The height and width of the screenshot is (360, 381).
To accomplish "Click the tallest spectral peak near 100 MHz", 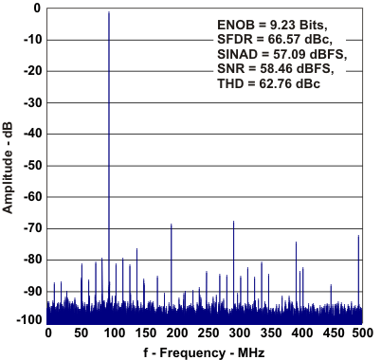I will coord(109,13).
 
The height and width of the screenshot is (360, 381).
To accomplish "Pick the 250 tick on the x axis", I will coord(205,333).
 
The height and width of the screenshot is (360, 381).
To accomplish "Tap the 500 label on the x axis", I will coord(361,333).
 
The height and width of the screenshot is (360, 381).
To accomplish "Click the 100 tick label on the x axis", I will coord(111,333).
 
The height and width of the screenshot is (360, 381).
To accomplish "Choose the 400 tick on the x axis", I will coord(299,333).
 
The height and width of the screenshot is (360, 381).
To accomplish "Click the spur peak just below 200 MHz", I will coord(171,225).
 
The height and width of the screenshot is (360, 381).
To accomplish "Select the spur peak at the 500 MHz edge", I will coord(358,236).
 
